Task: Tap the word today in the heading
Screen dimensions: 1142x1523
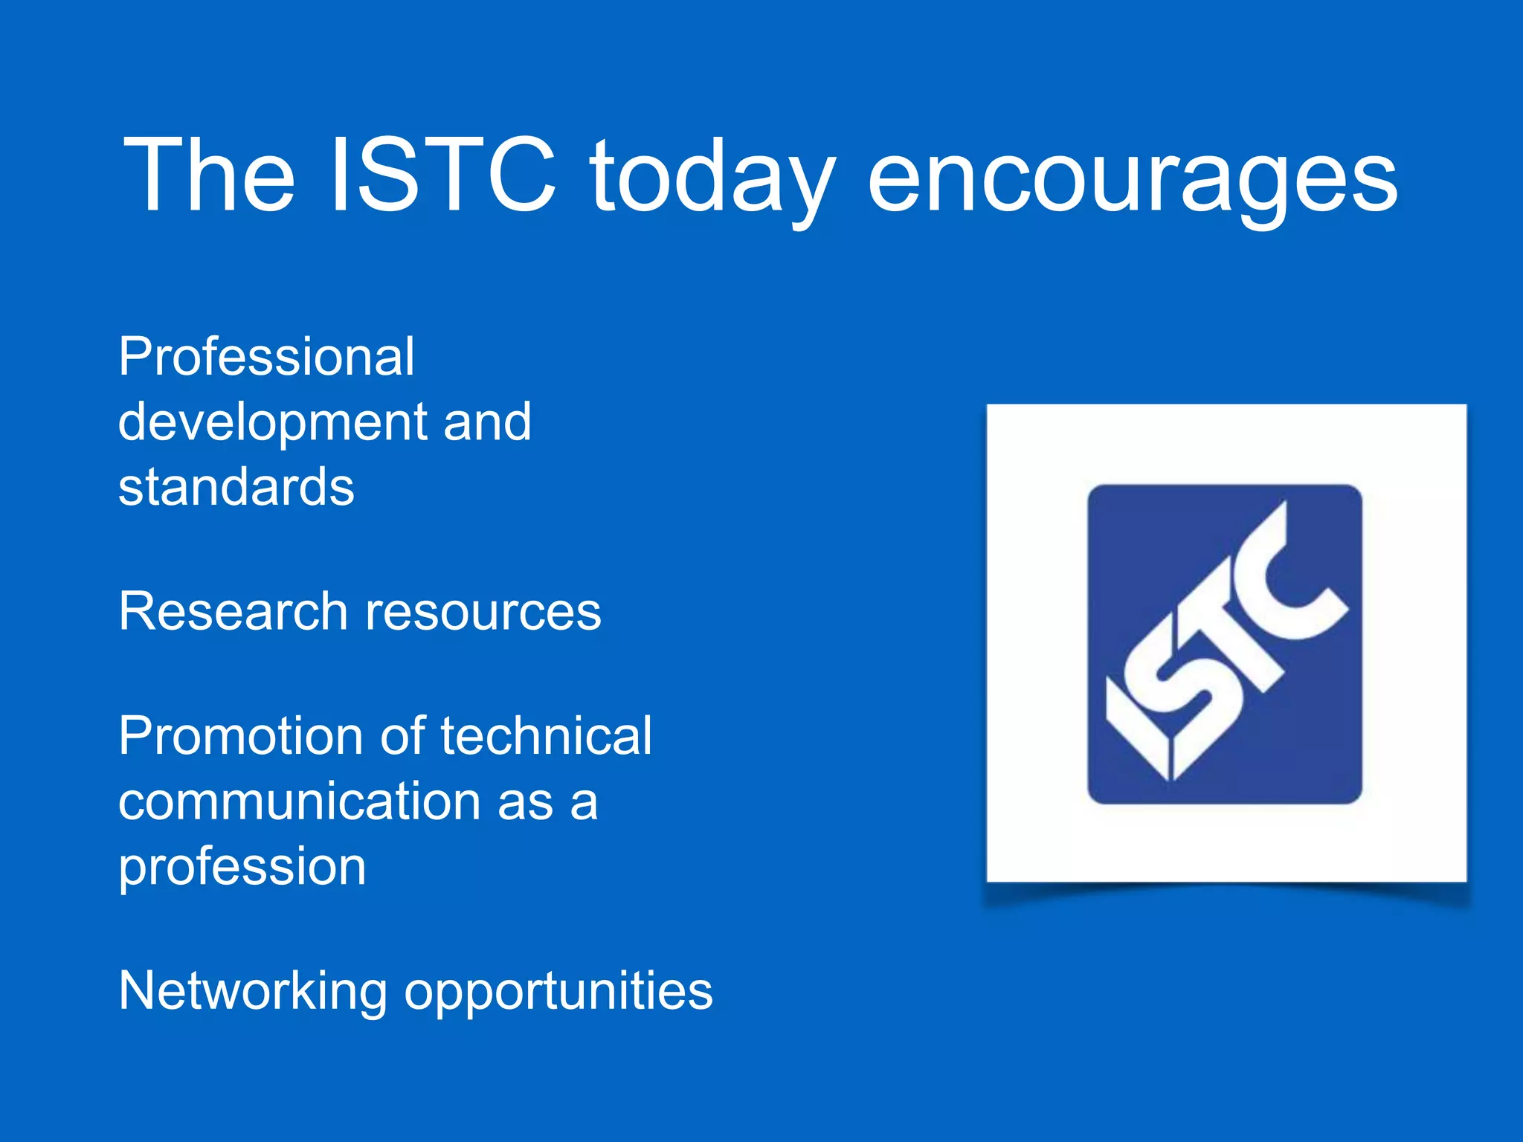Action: (712, 178)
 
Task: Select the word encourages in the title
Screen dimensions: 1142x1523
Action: (1132, 178)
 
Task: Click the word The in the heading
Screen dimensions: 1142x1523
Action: (209, 175)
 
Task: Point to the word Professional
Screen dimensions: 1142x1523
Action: (266, 357)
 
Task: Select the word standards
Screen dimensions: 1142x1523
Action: (236, 487)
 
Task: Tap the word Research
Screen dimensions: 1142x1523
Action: (233, 611)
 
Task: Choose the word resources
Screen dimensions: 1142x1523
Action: (483, 611)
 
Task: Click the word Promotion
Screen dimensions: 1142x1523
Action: (242, 736)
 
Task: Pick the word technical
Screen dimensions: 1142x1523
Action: (546, 736)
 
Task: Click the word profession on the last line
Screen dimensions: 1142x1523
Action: (242, 868)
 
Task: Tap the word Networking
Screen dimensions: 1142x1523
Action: (253, 991)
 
